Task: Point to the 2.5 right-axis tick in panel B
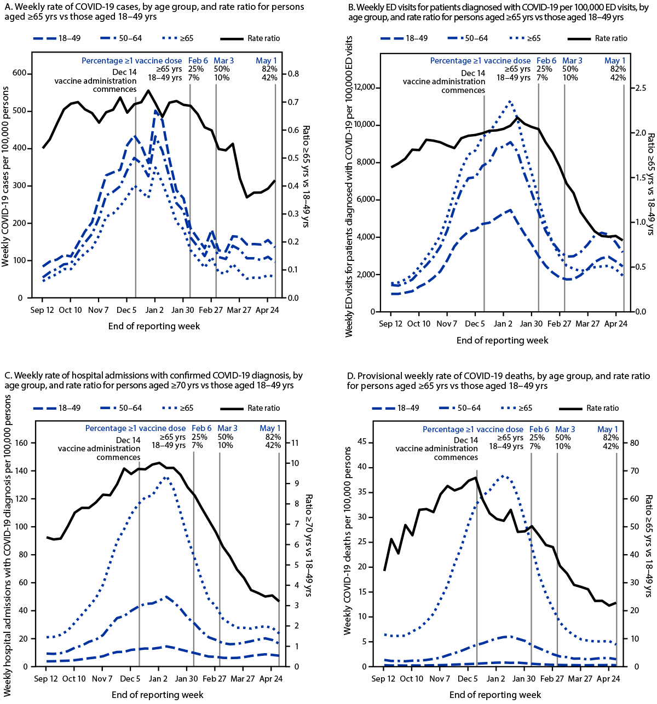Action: coord(639,88)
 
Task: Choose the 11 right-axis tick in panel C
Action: coord(293,443)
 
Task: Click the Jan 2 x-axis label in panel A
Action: coord(154,310)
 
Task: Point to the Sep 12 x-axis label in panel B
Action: coord(391,324)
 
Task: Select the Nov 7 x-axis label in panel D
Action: coord(440,679)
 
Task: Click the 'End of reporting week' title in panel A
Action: coord(154,326)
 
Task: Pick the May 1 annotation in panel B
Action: coord(615,61)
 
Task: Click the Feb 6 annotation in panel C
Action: coord(201,428)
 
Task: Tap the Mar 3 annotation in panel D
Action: coord(565,429)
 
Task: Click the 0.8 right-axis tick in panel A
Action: coord(293,74)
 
